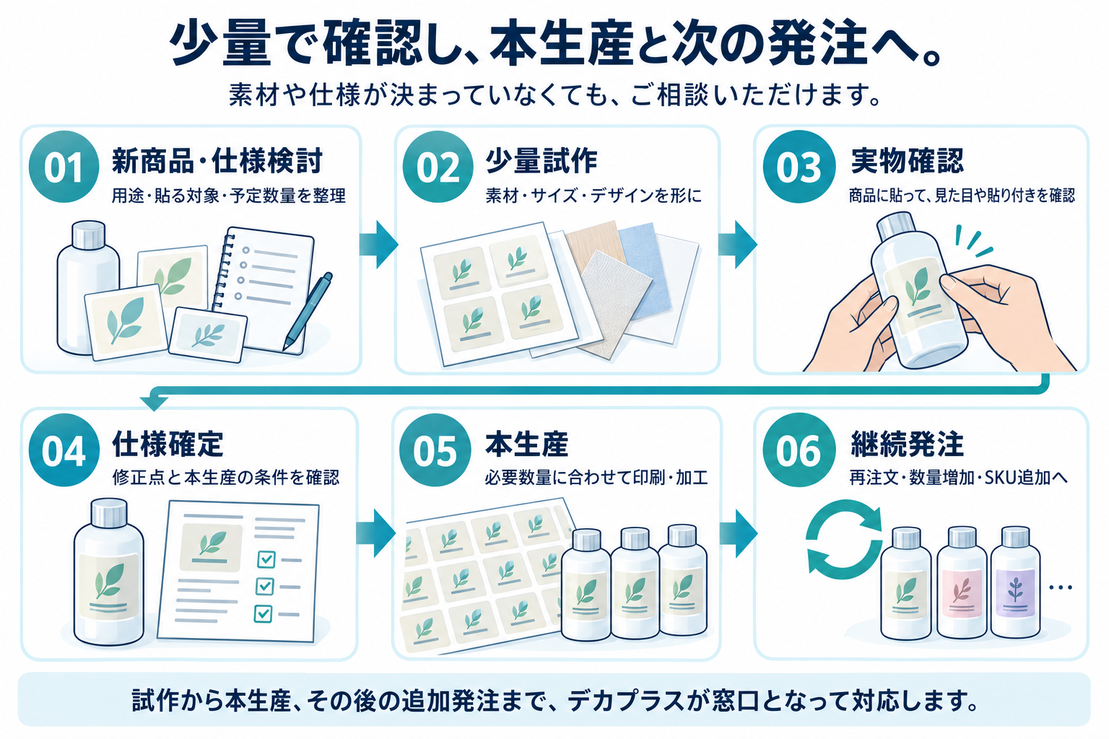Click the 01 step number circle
pos(64,167)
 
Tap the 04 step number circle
pos(64,450)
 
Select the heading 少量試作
pos(541,161)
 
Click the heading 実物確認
pos(908,161)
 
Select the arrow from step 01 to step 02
pos(379,244)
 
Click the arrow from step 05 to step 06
pos(738,533)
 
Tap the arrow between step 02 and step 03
pos(738,244)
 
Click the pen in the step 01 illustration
pos(308,311)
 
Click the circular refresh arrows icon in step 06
pos(843,539)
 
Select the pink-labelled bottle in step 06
pos(961,582)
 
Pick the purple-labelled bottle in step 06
pos(1015,582)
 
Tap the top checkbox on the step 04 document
pos(266,559)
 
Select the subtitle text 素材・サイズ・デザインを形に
pos(593,196)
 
